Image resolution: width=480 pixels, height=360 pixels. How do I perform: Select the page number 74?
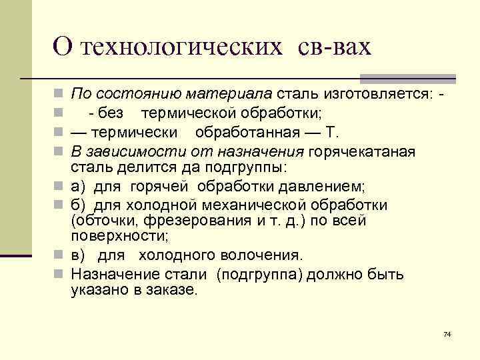(447, 333)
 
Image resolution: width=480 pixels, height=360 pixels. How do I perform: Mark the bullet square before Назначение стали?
(61, 275)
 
